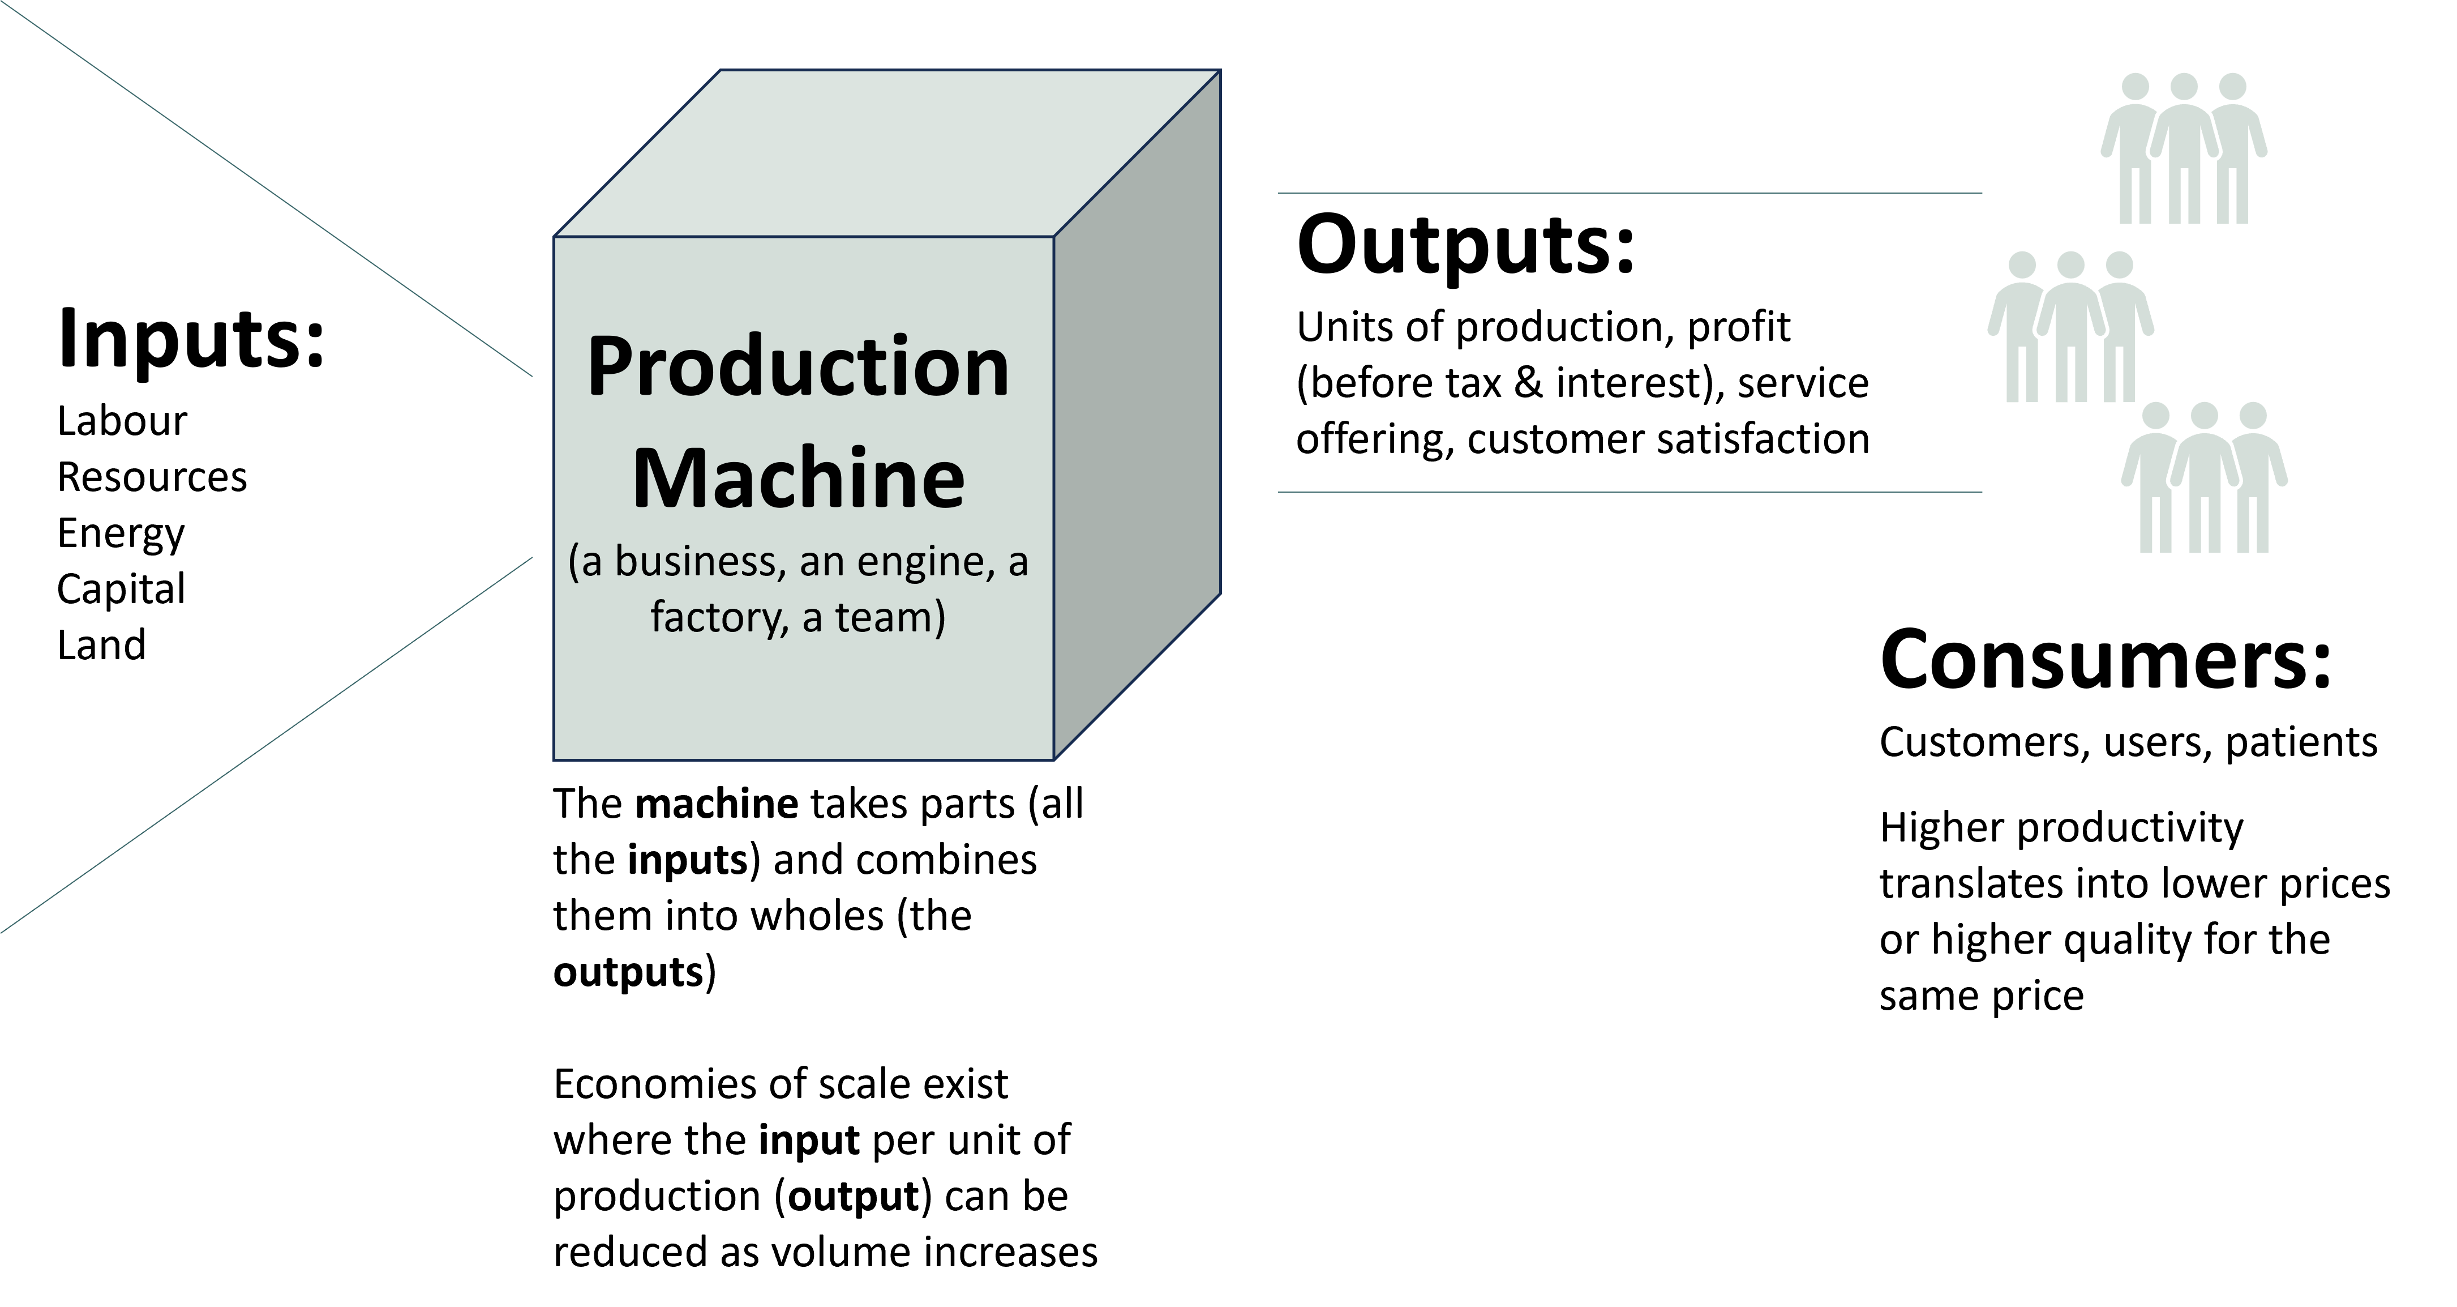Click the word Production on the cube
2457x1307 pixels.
coord(797,368)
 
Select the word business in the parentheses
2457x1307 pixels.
coord(699,562)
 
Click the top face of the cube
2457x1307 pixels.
coord(887,153)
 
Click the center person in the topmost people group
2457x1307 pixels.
coord(2183,153)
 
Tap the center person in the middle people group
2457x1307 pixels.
coord(2070,329)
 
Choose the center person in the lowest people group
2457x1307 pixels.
coord(2203,482)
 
